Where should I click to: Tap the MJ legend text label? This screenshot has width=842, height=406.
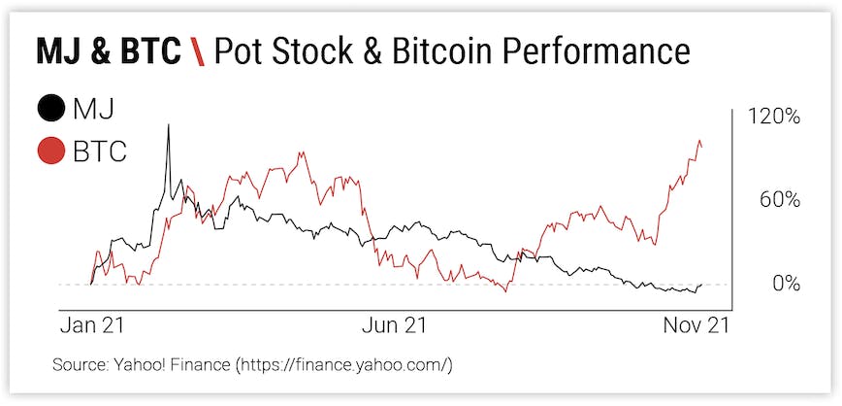94,108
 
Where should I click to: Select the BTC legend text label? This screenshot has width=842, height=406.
101,152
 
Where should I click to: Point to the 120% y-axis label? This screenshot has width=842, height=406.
773,117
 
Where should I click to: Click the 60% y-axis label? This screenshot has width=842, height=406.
779,200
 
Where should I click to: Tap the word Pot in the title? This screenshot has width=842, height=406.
235,51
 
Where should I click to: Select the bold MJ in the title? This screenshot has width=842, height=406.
59,51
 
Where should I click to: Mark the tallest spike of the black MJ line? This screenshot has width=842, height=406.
169,125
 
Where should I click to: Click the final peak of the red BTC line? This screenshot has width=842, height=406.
700,142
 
